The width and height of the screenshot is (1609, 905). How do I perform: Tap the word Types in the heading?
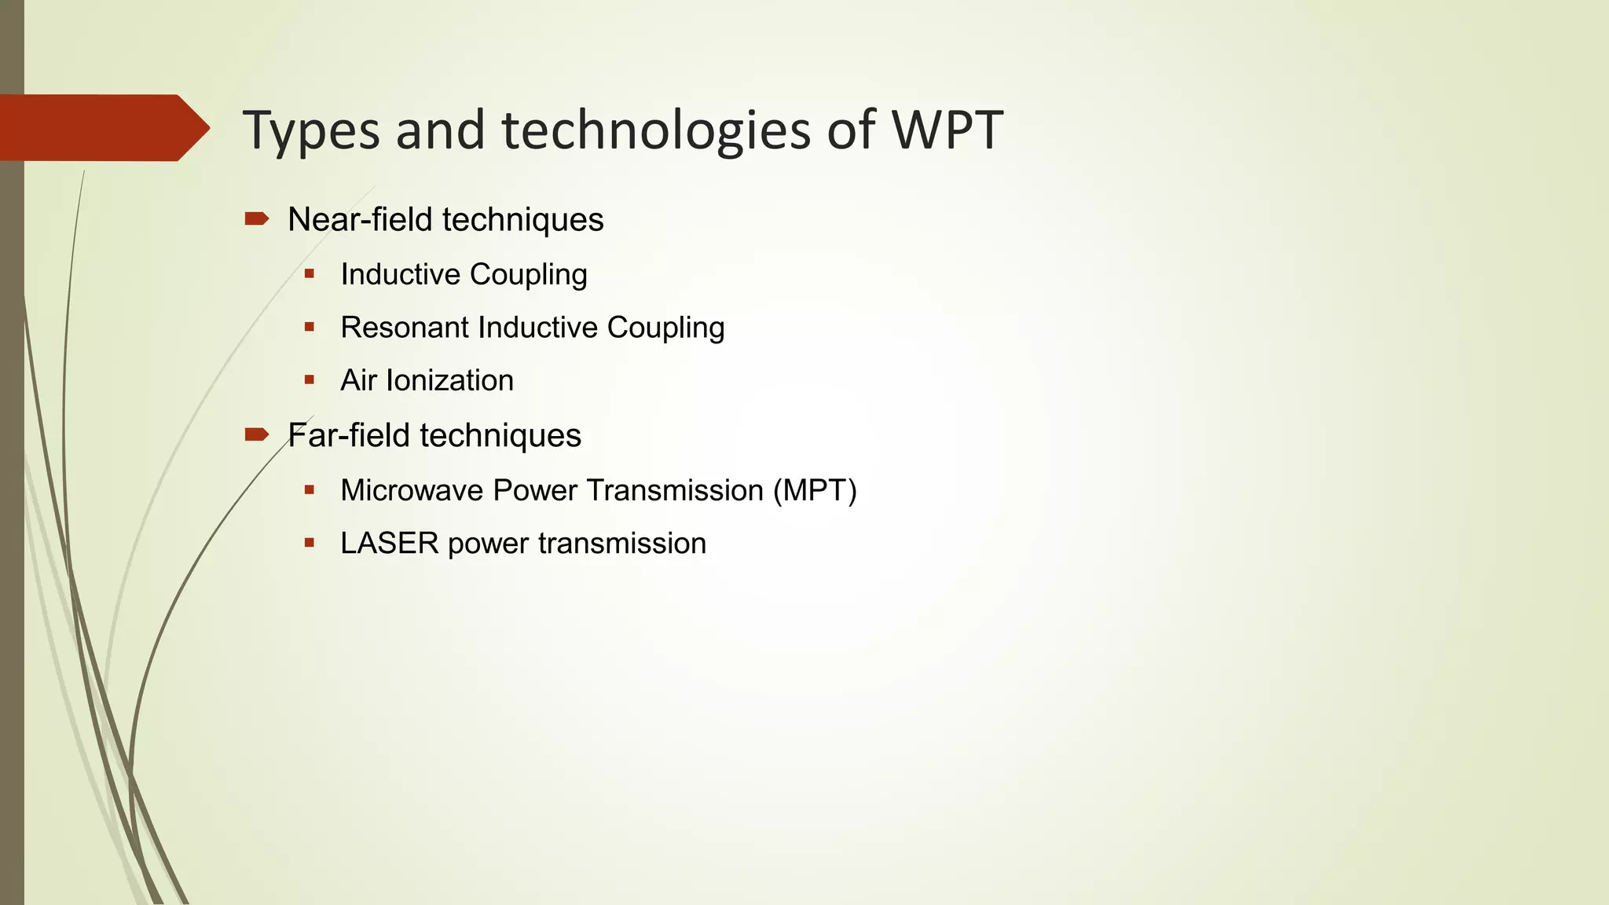(x=311, y=131)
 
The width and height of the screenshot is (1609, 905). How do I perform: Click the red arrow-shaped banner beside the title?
(x=102, y=128)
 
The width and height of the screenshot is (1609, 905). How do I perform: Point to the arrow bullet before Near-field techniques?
(x=257, y=218)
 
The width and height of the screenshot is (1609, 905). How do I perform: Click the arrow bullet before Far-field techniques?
(x=257, y=434)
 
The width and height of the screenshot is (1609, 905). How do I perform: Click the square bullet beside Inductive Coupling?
(x=310, y=273)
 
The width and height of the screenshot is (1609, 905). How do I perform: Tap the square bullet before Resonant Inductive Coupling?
(x=310, y=327)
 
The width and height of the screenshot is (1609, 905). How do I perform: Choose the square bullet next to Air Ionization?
(x=310, y=380)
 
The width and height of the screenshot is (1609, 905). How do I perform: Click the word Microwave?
(x=412, y=491)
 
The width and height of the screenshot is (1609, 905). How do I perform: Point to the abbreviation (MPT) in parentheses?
(x=815, y=491)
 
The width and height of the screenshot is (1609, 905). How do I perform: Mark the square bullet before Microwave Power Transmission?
(x=310, y=490)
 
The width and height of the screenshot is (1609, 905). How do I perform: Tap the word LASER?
(x=389, y=544)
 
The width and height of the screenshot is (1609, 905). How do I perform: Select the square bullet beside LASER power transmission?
(x=310, y=543)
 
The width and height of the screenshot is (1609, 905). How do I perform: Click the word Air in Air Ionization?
(x=358, y=381)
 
